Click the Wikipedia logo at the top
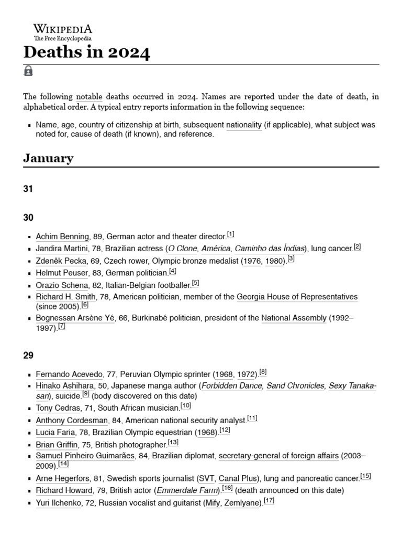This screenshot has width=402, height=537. (62, 31)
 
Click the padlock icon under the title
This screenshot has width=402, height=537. (28, 71)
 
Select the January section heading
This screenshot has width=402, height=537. (48, 158)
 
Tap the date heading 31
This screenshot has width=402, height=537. (28, 189)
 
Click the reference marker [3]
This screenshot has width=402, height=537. (291, 259)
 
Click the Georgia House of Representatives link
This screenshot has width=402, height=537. (297, 297)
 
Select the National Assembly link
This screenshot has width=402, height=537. (294, 318)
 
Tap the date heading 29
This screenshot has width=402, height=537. (28, 356)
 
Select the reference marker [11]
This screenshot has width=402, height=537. (252, 418)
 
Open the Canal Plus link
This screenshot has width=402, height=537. (238, 478)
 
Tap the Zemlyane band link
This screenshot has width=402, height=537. (242, 503)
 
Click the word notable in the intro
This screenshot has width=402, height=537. (90, 97)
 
